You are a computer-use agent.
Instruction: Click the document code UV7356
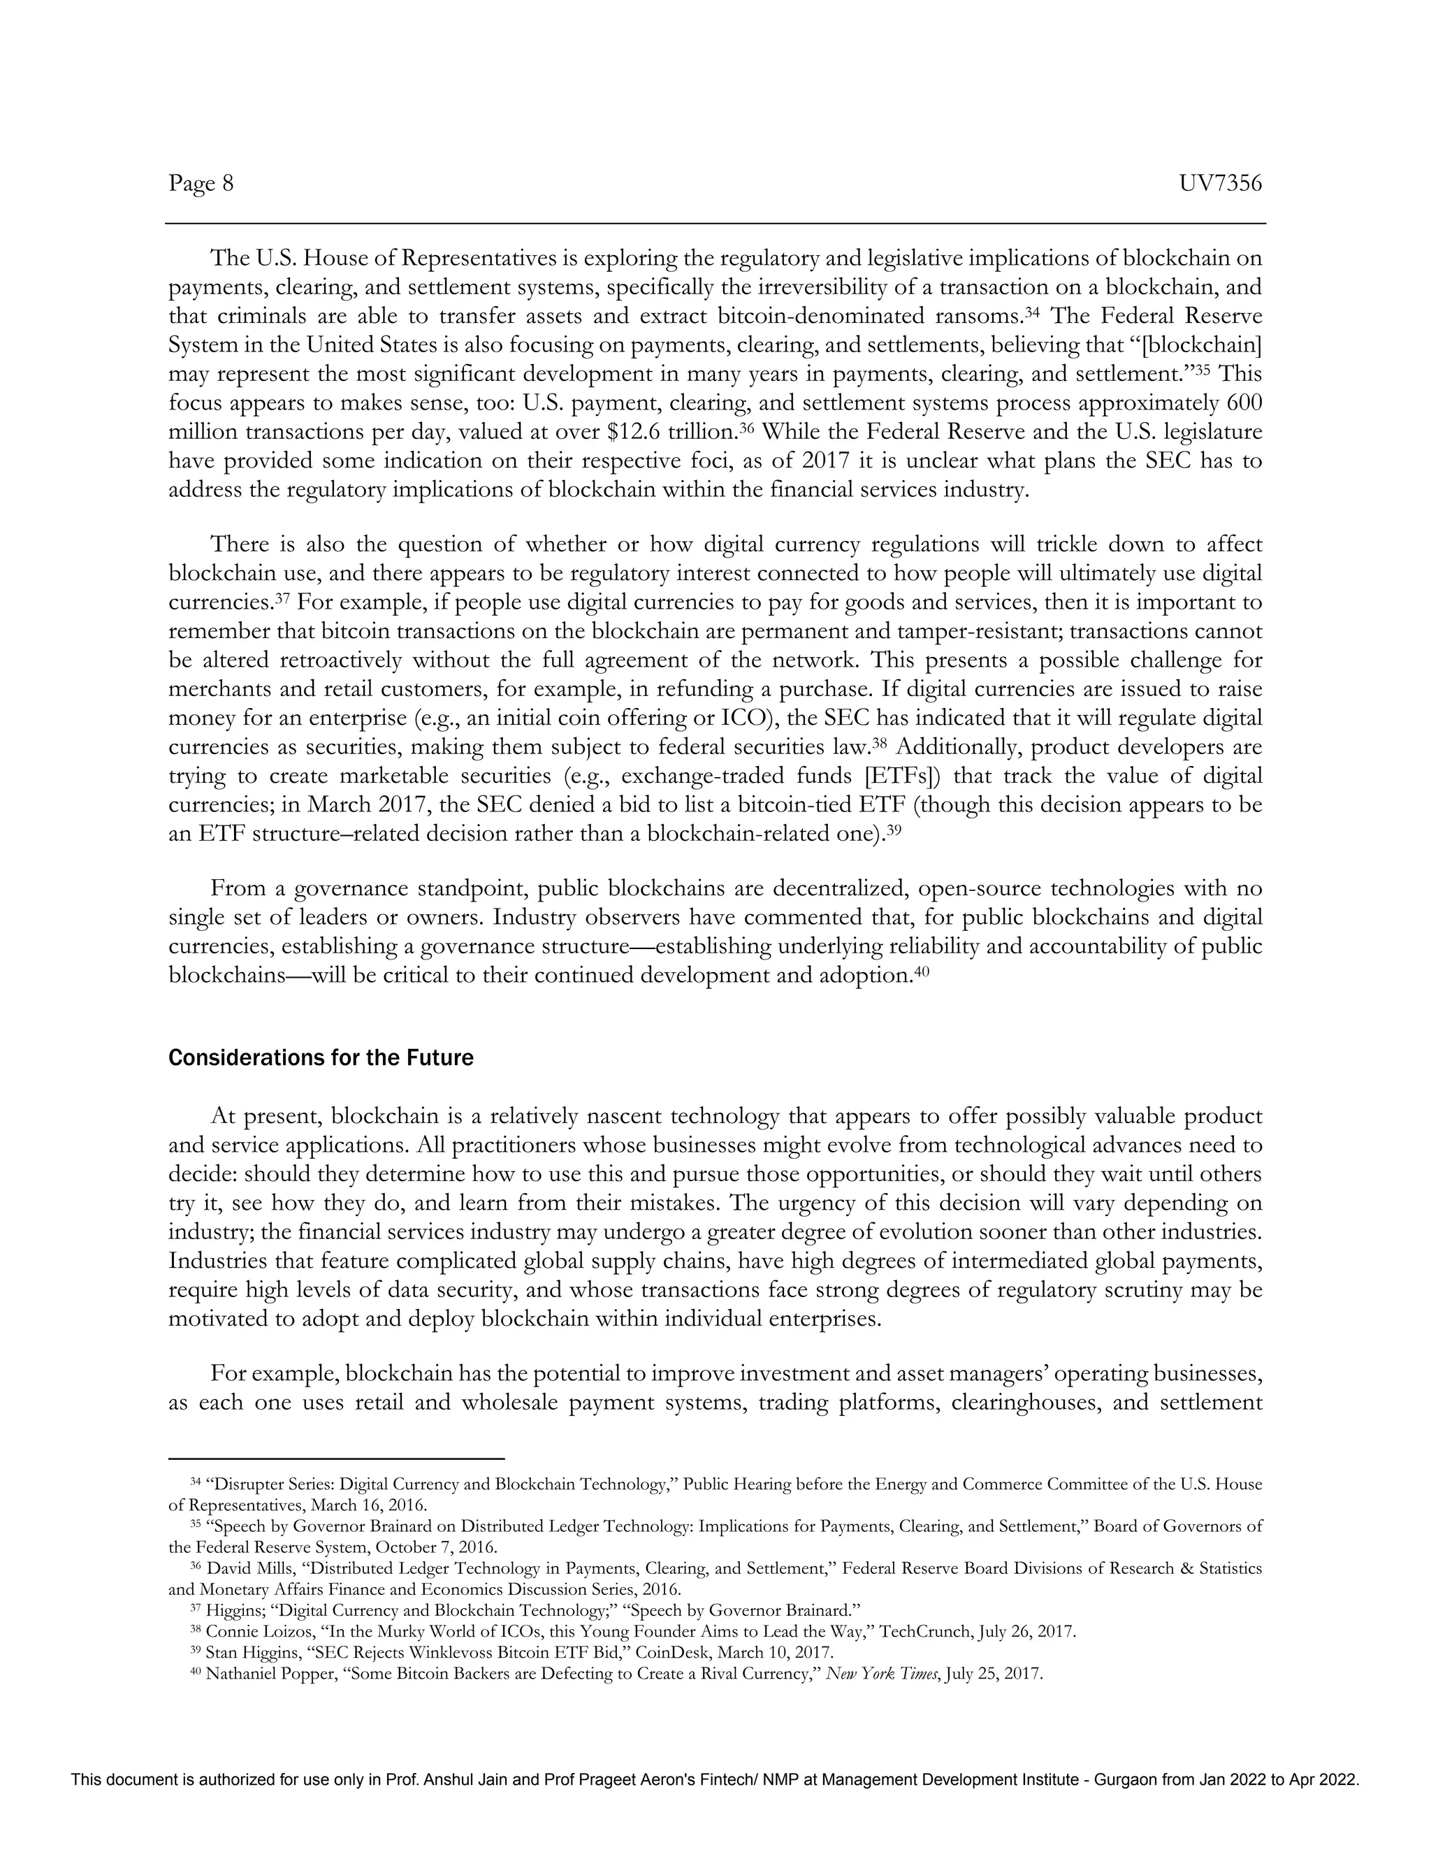pyautogui.click(x=1220, y=183)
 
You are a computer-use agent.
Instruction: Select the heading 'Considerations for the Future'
pyautogui.click(x=321, y=1058)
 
